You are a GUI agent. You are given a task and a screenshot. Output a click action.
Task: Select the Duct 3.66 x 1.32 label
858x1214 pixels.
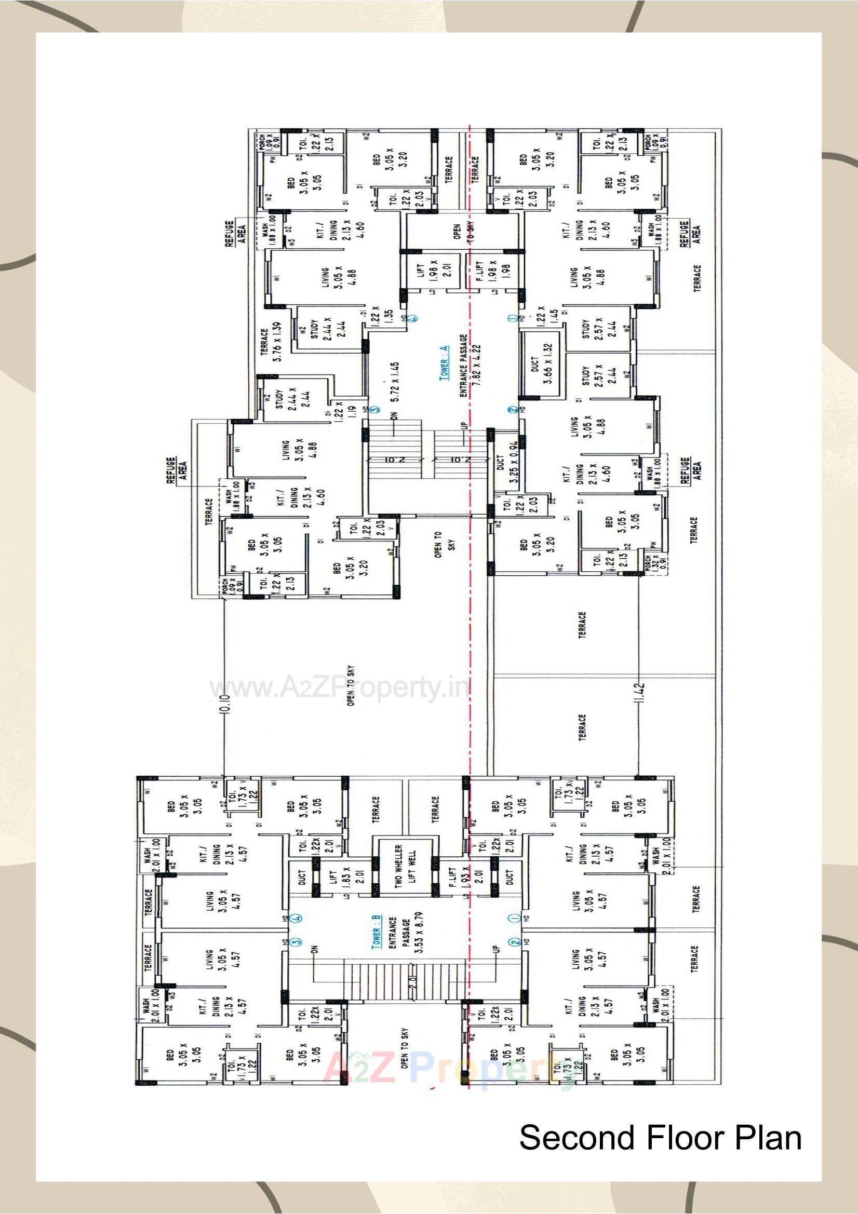[x=541, y=363]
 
